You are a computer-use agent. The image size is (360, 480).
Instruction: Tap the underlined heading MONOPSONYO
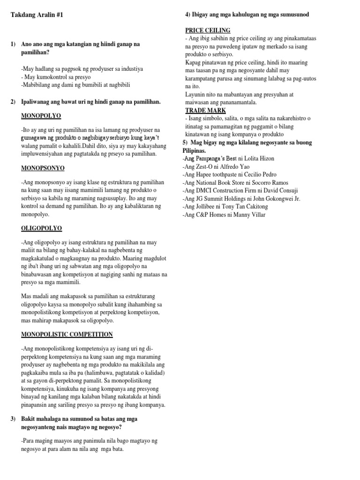pyautogui.click(x=43, y=167)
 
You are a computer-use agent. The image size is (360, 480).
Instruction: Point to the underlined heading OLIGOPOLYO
pyautogui.click(x=42, y=228)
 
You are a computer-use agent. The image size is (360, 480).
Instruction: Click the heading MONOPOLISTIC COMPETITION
pyautogui.click(x=67, y=334)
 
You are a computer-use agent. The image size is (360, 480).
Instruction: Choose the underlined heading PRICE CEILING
pyautogui.click(x=208, y=30)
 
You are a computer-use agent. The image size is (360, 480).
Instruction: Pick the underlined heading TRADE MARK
pyautogui.click(x=206, y=110)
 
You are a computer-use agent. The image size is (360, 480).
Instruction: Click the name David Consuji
pyautogui.click(x=282, y=191)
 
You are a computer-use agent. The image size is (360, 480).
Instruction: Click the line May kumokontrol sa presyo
pyautogui.click(x=56, y=77)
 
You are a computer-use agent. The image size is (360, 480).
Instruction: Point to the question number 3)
pyautogui.click(x=13, y=418)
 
